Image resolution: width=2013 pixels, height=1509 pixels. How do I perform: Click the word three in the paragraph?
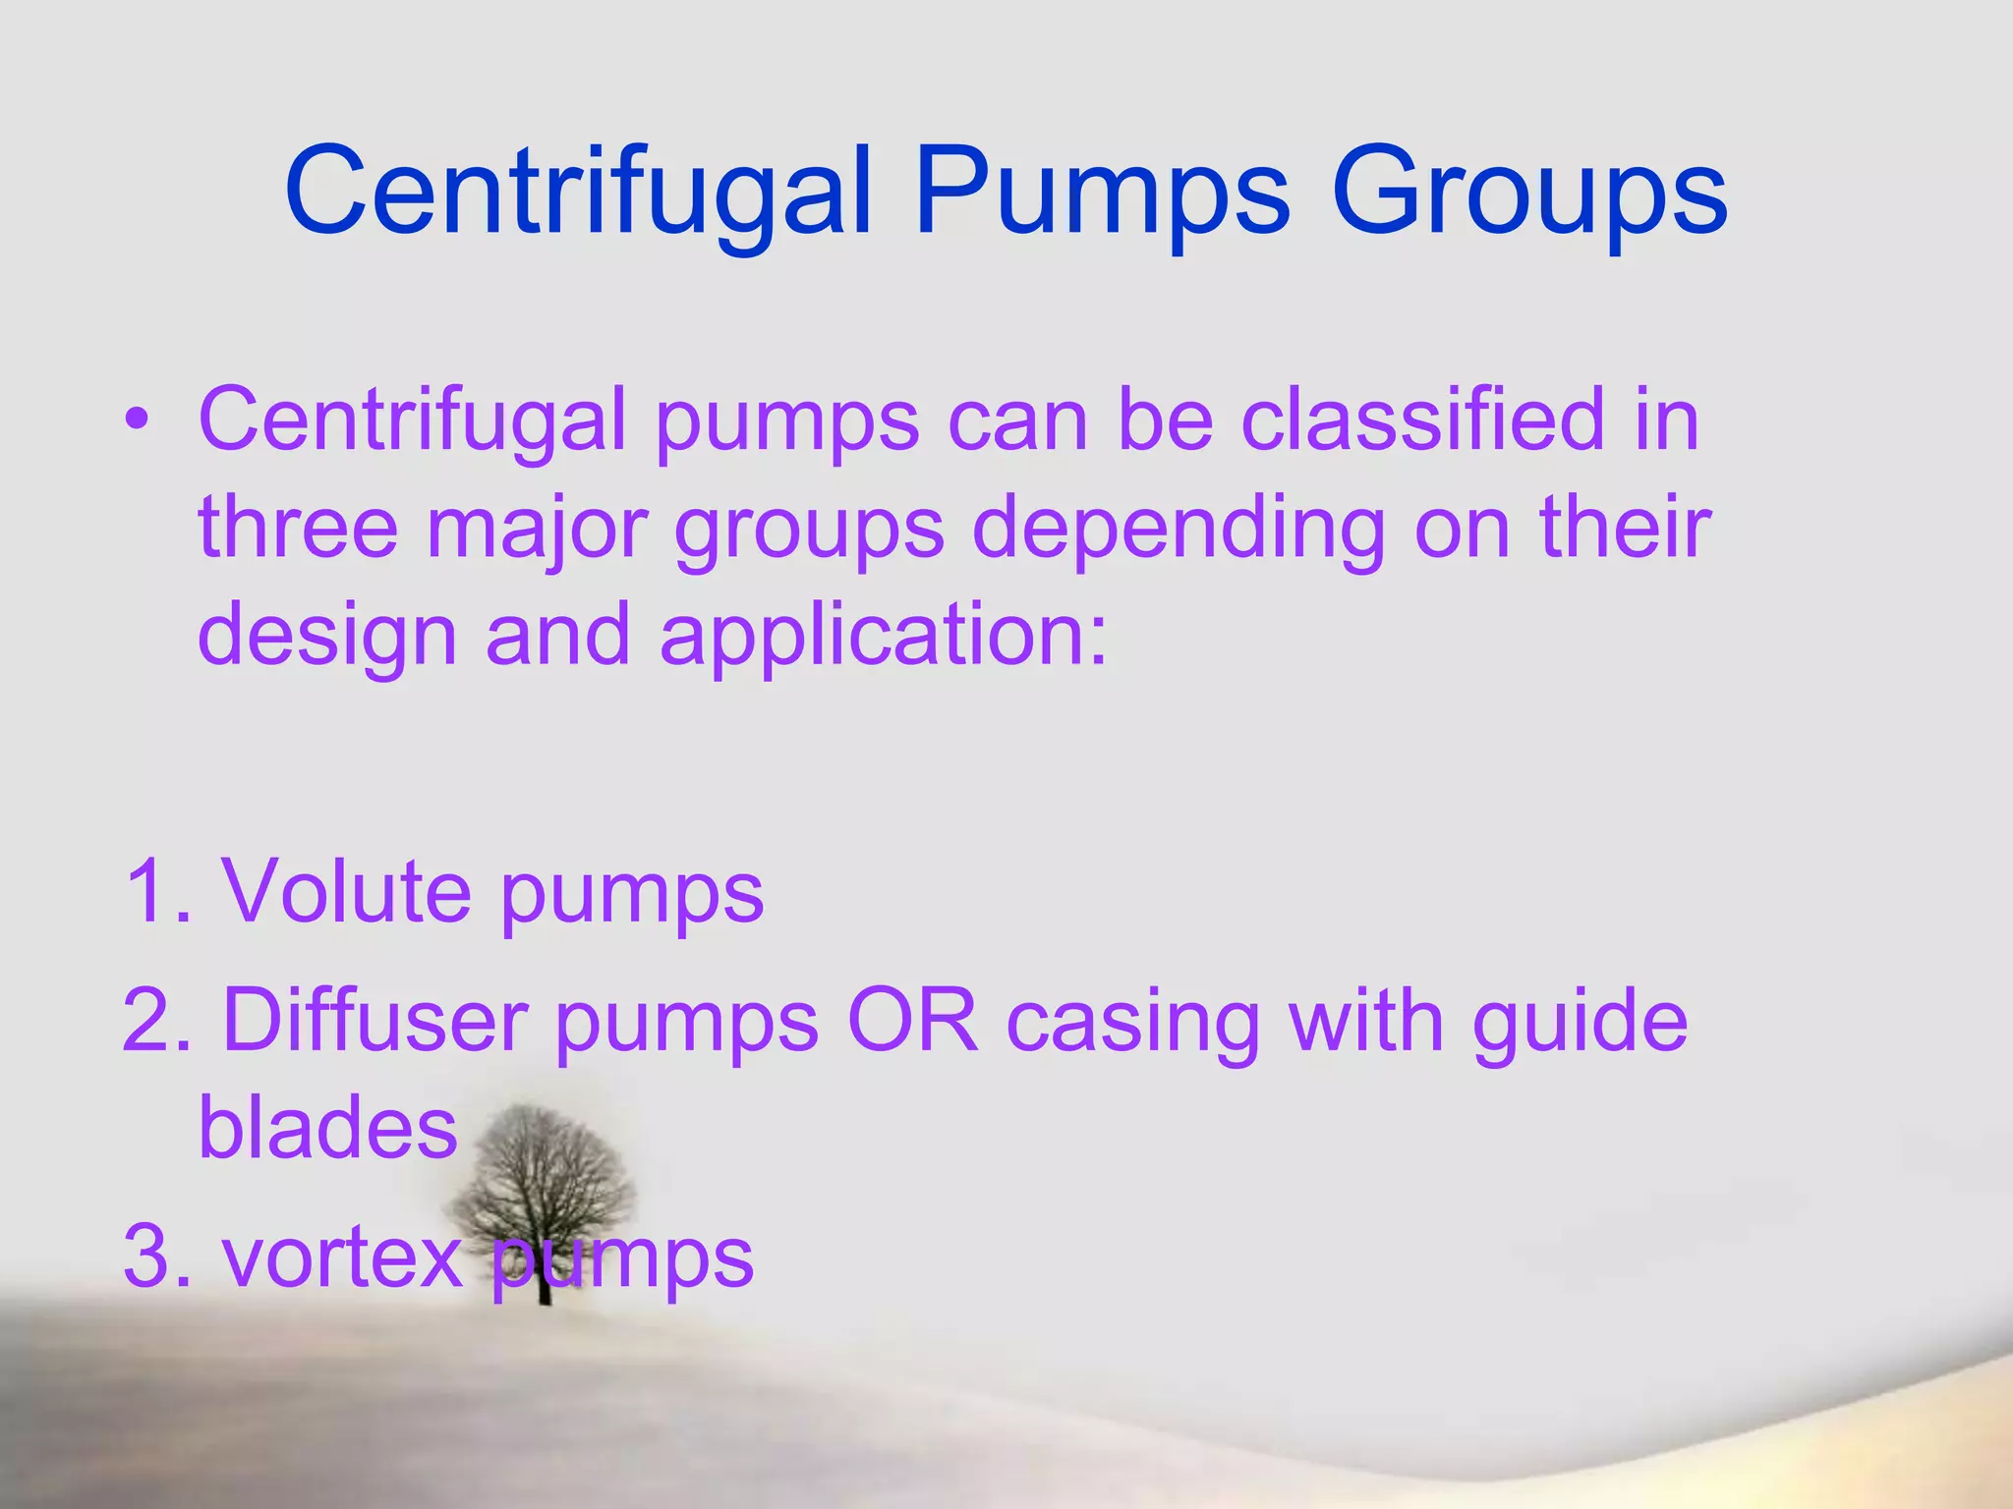(x=298, y=528)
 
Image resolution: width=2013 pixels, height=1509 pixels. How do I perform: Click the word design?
(x=327, y=637)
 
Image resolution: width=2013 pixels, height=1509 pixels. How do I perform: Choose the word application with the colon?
(x=884, y=637)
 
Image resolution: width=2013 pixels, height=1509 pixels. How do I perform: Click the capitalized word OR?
(x=913, y=1021)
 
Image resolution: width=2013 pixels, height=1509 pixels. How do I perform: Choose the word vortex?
(x=342, y=1257)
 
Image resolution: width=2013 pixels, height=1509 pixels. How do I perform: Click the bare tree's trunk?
(x=544, y=1277)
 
